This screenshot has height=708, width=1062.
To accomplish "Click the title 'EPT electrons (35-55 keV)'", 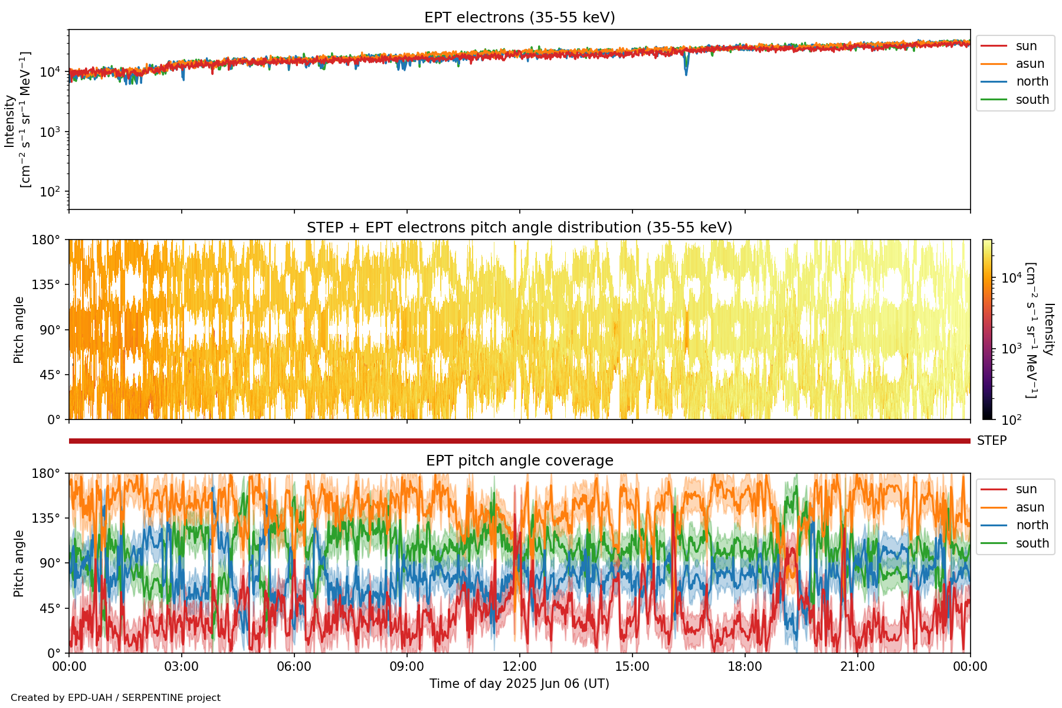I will pos(519,18).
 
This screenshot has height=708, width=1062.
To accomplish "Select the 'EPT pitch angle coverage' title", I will pos(519,461).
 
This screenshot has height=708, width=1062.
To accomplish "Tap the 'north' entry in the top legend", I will pos(1031,81).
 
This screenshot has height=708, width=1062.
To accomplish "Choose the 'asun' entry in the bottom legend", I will pos(1030,507).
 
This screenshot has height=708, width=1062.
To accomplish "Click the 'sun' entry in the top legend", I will pos(1026,46).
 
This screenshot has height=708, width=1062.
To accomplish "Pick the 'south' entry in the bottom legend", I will pos(1032,543).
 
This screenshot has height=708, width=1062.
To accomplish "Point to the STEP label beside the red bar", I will pos(991,441).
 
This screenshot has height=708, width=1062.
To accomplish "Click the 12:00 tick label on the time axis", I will pos(519,667).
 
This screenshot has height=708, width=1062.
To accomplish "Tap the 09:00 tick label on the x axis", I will pos(407,667).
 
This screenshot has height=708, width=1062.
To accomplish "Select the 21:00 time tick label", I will pos(857,667).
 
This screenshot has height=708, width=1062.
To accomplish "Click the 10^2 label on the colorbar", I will pos(1011,419).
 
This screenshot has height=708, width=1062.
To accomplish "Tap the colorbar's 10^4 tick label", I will pos(1011,278).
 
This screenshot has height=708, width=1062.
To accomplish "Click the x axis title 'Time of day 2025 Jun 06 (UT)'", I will pos(519,684).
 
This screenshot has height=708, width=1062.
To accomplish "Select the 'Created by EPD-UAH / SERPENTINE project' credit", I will pos(116,698).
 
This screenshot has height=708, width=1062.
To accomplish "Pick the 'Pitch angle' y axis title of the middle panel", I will pos(19,330).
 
